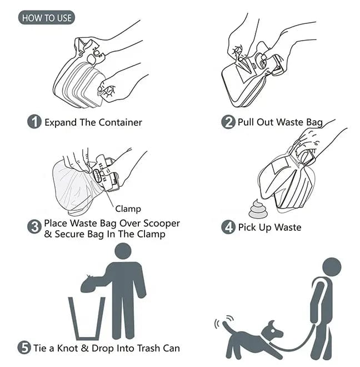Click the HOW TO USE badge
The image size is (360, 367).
click(47, 18)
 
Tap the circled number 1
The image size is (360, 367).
click(34, 122)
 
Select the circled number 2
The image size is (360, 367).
click(228, 122)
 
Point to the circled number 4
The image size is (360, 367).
click(228, 227)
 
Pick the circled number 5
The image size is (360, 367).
click(24, 348)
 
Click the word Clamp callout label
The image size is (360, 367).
click(128, 209)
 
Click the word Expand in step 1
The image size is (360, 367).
click(59, 122)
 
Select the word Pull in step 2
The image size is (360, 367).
click(247, 122)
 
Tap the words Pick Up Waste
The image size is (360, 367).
click(269, 227)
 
